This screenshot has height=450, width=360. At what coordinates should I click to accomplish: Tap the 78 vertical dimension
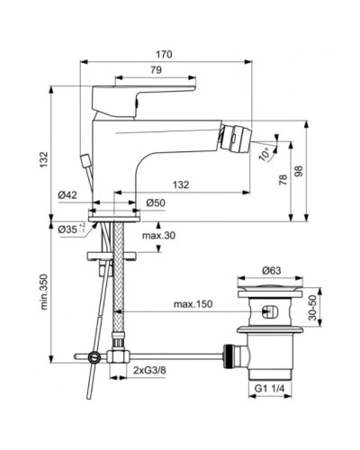point(284,180)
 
